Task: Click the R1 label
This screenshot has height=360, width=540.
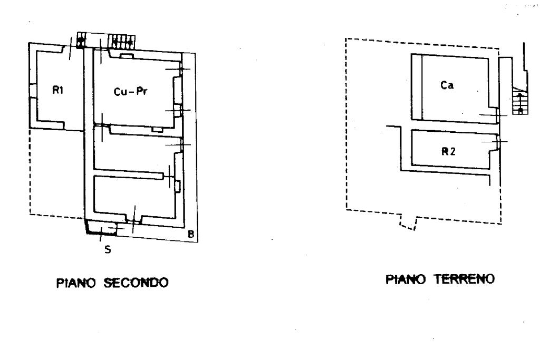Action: click(57, 90)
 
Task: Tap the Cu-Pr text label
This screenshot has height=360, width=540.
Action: click(130, 91)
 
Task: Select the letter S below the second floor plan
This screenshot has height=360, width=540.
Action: click(108, 249)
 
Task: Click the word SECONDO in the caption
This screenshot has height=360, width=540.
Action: click(143, 283)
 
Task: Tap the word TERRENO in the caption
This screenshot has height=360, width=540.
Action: click(467, 280)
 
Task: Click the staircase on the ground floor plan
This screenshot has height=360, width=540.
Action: click(519, 101)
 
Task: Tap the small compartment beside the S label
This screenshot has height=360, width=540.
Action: click(102, 227)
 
